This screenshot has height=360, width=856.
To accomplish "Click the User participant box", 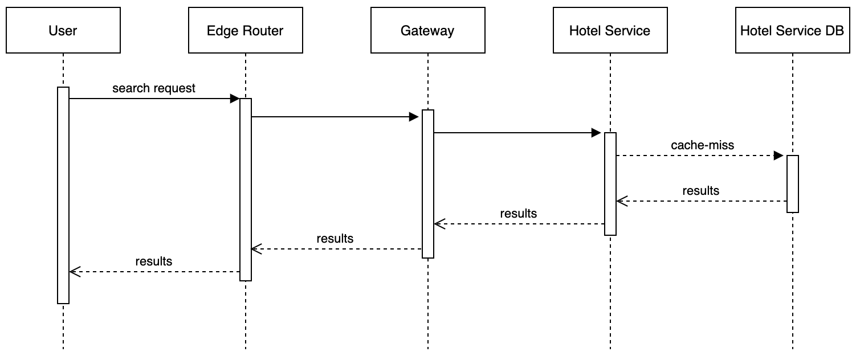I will click(x=63, y=30).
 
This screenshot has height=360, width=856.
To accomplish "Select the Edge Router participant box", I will click(x=246, y=30).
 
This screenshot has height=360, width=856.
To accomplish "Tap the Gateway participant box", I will click(x=428, y=30).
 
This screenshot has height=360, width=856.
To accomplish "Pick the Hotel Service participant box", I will click(x=610, y=30).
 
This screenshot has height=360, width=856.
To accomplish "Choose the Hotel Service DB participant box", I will click(x=792, y=30).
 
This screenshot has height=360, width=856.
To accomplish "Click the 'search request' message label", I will click(x=154, y=88).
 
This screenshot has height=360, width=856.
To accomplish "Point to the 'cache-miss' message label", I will click(x=702, y=145).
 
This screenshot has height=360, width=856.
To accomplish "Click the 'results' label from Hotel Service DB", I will click(x=700, y=191).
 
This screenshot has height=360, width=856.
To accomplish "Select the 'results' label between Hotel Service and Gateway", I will click(x=518, y=214).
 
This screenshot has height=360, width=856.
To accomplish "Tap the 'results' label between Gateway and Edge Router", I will click(x=335, y=239).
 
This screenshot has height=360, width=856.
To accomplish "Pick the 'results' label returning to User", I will click(x=153, y=261).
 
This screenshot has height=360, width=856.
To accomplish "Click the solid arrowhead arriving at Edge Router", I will click(x=234, y=99).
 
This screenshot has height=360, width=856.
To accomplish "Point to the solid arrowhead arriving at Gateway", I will click(x=414, y=117).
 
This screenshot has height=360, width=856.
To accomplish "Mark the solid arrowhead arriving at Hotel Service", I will click(x=597, y=133).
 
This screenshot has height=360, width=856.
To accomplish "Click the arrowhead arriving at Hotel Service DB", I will click(x=778, y=156).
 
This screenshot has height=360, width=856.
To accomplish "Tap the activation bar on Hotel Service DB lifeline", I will click(x=793, y=183).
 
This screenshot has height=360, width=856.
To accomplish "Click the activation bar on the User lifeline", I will click(x=63, y=195).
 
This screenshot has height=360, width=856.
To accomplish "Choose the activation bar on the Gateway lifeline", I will click(x=428, y=183).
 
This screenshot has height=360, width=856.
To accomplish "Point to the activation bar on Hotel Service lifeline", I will click(x=610, y=183).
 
